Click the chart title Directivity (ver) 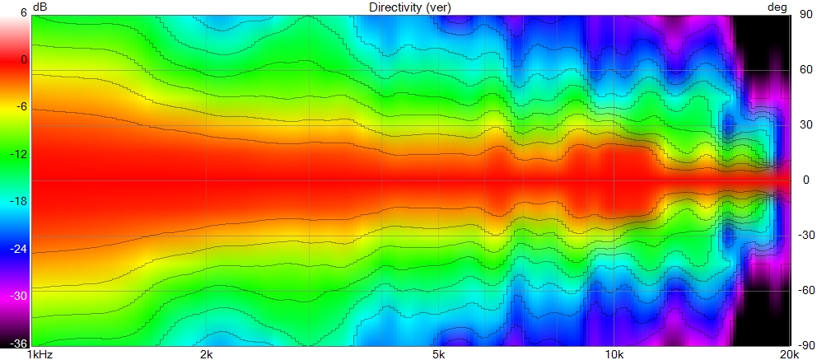[x=409, y=7]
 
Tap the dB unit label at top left [x=40, y=7]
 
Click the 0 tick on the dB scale [x=23, y=60]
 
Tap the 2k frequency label [x=207, y=355]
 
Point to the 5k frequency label [x=438, y=355]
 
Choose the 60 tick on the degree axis [x=802, y=70]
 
